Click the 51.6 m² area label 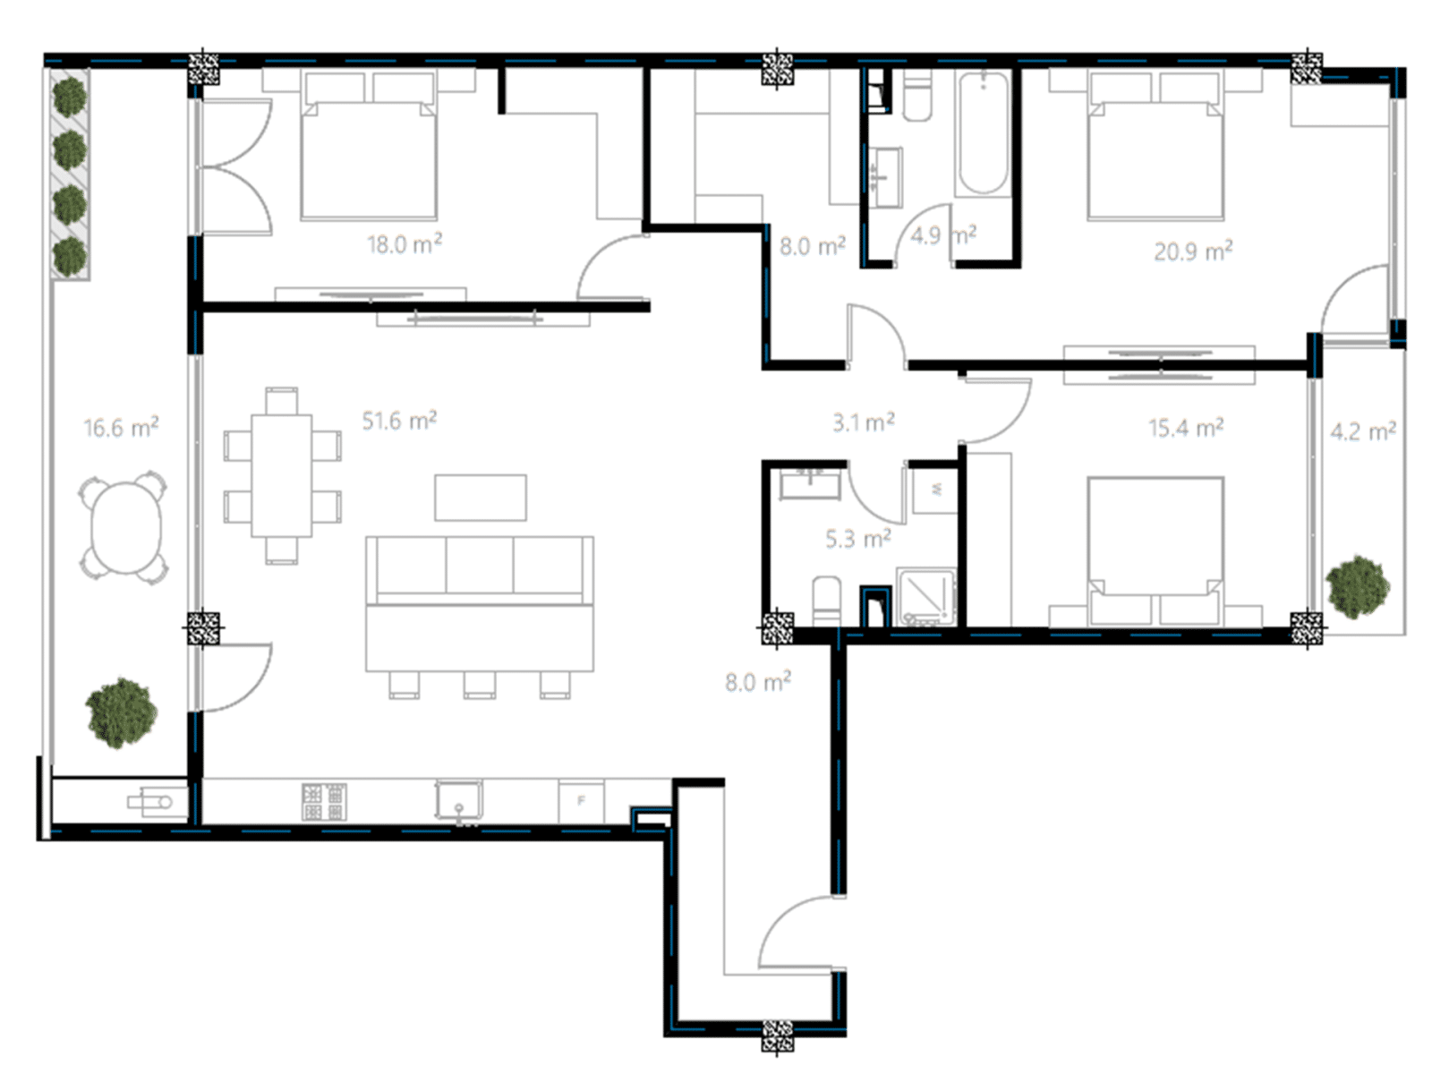399,421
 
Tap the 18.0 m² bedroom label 405,243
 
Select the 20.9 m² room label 1193,251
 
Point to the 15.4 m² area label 1185,428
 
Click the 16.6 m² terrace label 121,428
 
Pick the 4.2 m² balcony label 1363,431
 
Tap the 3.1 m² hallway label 863,422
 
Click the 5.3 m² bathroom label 858,540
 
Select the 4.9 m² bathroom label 943,234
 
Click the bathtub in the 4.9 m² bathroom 983,133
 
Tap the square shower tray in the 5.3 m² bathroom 925,597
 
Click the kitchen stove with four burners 324,801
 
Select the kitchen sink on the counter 459,799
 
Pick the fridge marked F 581,801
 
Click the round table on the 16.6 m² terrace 126,527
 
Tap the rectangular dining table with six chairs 282,475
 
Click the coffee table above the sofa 481,498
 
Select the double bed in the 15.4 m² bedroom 1155,551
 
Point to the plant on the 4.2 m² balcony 1358,586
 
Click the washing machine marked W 935,490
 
